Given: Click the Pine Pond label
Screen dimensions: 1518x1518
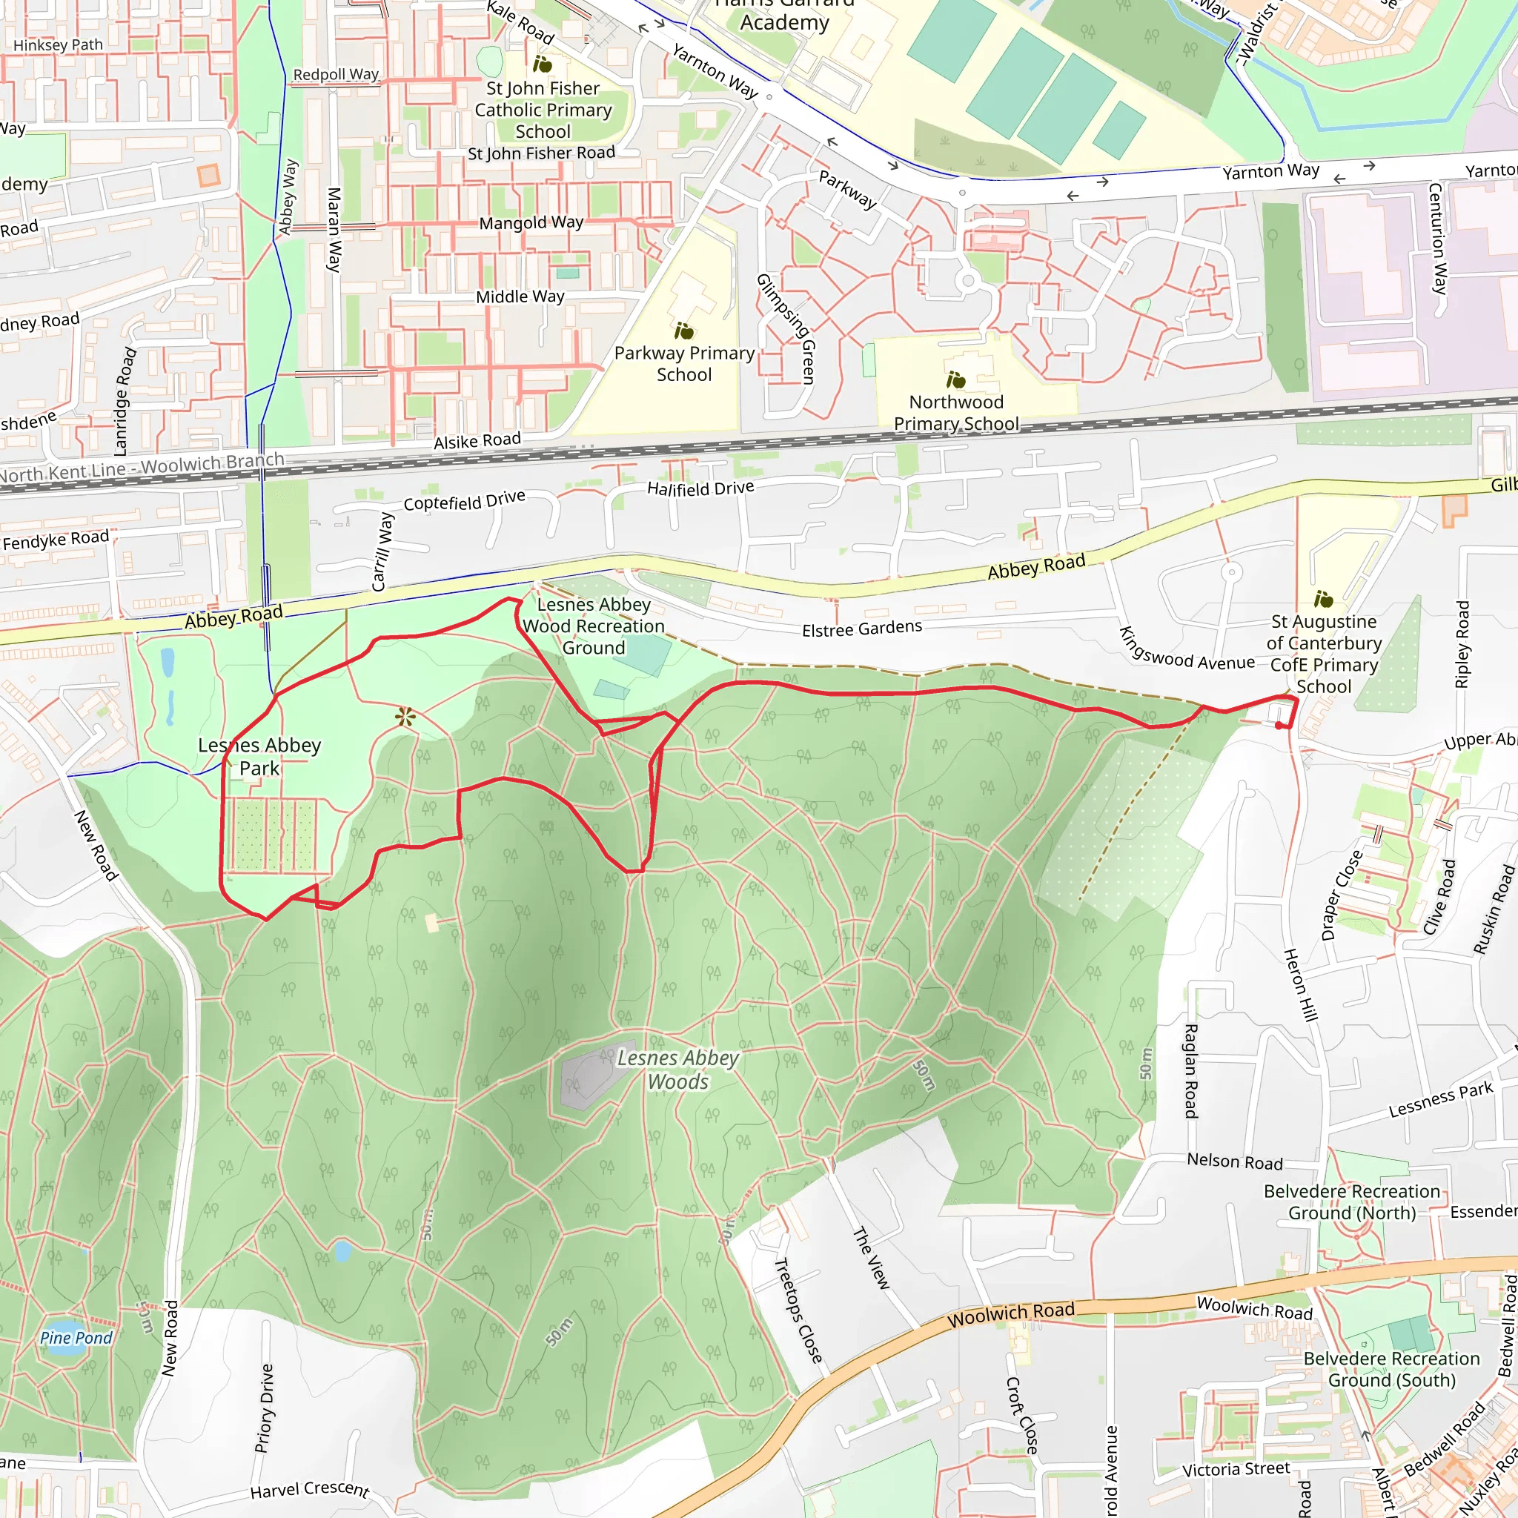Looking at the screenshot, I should pos(76,1337).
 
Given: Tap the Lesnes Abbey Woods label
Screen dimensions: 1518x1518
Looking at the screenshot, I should pos(678,1070).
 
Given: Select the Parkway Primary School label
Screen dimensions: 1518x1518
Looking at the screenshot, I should pos(683,364).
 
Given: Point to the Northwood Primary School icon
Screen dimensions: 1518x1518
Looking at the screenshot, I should pos(955,380).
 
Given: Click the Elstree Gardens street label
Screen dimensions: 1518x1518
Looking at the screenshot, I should pos(861,629).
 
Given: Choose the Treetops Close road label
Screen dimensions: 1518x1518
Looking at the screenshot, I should pos(798,1310).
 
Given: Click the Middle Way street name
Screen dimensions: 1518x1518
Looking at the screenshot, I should pos(520,296).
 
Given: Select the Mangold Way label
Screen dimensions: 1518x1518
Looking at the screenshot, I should pos(531,223).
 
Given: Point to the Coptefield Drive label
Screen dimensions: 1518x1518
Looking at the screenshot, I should pos(463,500).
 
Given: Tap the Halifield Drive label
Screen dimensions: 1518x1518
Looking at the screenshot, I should pos(700,488).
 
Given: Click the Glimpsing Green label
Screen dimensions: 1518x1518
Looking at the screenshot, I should pos(786,328).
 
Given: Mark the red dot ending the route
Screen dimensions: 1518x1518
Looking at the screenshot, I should pos(1279,725).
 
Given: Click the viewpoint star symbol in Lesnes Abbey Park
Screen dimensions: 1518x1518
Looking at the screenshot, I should pos(405,716).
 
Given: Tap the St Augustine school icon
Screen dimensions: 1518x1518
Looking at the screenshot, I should pos(1323,600).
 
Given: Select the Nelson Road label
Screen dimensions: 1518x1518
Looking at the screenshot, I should pos(1234,1161).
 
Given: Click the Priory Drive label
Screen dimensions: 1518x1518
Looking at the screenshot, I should pos(265,1408).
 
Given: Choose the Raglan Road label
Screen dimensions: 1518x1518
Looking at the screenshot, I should pos(1191,1070).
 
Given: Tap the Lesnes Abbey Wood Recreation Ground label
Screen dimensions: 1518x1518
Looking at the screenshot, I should pos(593,626).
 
